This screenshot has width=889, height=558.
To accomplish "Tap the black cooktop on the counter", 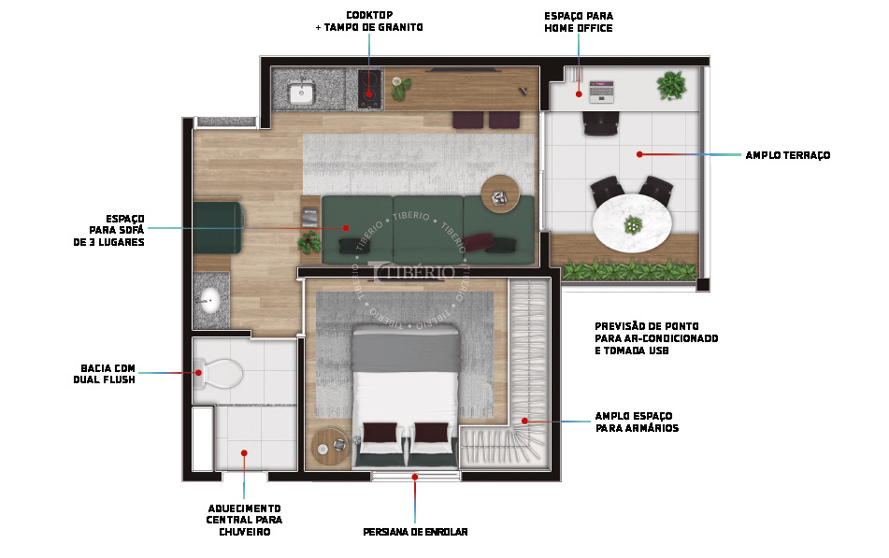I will (x=370, y=85).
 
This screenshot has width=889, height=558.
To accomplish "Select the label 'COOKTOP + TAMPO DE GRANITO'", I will (x=369, y=21).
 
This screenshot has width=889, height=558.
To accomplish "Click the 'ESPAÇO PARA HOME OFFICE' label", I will (x=579, y=22).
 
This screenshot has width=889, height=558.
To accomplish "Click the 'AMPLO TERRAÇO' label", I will (x=787, y=155).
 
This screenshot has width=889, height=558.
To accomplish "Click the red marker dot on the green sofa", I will (x=346, y=227).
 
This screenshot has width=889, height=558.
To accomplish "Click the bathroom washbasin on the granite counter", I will (x=209, y=301).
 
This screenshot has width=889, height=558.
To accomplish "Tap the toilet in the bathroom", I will (x=221, y=373).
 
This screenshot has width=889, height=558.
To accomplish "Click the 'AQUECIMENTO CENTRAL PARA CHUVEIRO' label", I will (x=244, y=520).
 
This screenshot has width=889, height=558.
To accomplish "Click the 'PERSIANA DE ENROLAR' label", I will (x=415, y=532).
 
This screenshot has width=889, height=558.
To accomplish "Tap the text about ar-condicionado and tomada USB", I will (x=656, y=338).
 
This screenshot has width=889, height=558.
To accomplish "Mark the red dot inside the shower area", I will (x=244, y=453).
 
